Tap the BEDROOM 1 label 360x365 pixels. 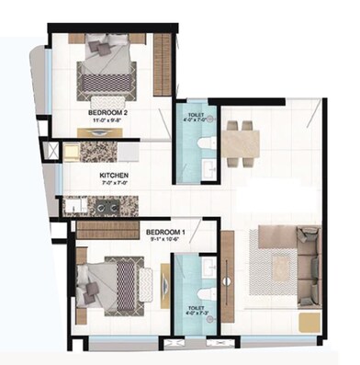point(168,234)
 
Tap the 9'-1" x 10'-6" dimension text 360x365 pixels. point(168,241)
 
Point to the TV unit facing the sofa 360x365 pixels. point(228,276)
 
